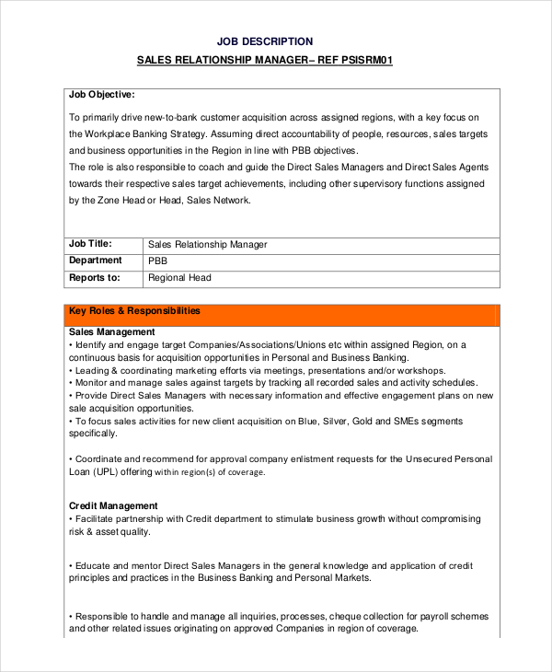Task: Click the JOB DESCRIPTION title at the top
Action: [x=265, y=41]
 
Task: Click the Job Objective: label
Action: [x=102, y=94]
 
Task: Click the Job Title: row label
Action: [x=90, y=244]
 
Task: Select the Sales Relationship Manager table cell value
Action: [x=207, y=245]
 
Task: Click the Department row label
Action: [x=96, y=261]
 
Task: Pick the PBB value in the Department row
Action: [x=158, y=261]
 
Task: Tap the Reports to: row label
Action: [x=95, y=277]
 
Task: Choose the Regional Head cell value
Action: [x=179, y=278]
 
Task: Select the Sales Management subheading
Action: [x=112, y=331]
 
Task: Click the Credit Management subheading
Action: [x=113, y=505]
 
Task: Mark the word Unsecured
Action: [x=420, y=458]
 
